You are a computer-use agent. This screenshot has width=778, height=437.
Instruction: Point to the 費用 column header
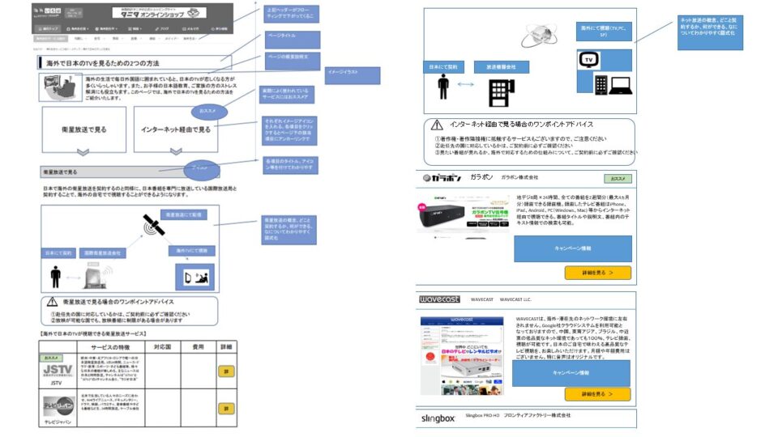(x=198, y=346)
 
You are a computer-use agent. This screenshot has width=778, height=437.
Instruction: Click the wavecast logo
(x=440, y=299)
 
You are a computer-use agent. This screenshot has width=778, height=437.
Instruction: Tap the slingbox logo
(x=438, y=418)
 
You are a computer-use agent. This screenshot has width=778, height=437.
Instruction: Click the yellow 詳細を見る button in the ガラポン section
(x=597, y=273)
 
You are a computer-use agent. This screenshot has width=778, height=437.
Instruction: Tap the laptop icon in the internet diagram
(x=621, y=83)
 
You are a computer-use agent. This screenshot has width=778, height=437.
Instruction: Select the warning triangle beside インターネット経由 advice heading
(x=438, y=126)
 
